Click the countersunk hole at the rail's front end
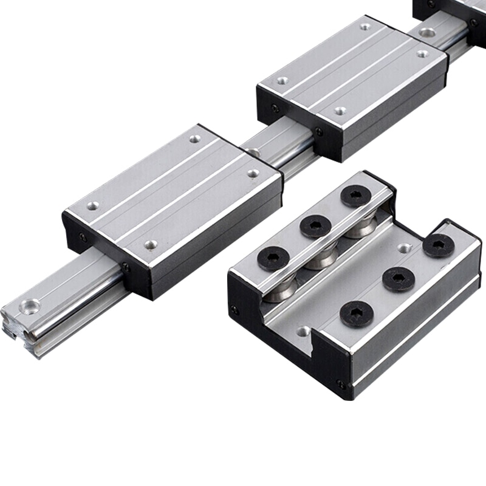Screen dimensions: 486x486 click(x=29, y=306)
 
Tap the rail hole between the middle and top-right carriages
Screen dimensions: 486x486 click(x=428, y=32)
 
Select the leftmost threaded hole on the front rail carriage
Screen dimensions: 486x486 click(x=92, y=206)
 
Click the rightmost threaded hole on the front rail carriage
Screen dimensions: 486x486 click(x=253, y=173)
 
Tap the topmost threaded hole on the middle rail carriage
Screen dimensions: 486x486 click(x=365, y=26)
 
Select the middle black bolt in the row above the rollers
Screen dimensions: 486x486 click(x=315, y=226)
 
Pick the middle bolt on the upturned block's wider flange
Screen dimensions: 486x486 click(x=399, y=279)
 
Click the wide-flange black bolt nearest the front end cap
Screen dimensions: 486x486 click(x=357, y=313)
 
